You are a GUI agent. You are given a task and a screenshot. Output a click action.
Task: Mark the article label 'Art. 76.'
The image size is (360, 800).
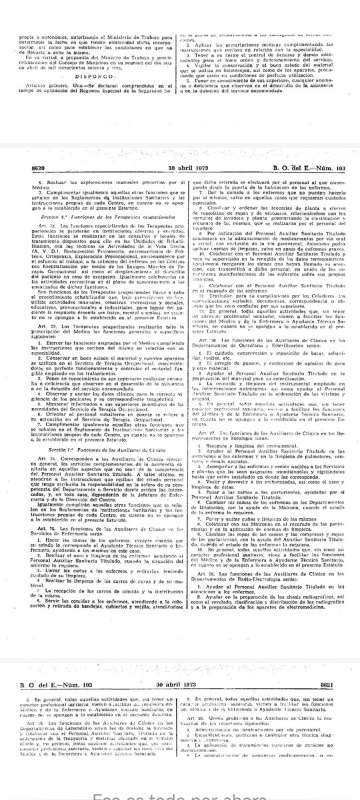click(204, 339)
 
